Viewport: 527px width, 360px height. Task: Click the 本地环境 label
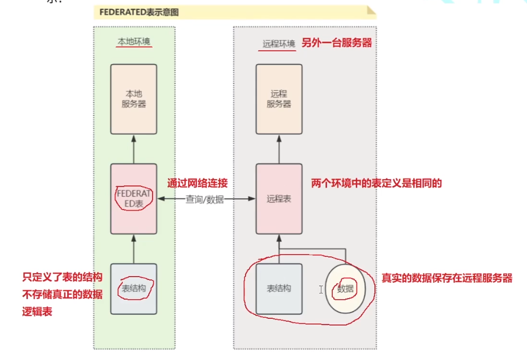point(134,42)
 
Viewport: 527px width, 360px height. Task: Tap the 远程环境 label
point(279,43)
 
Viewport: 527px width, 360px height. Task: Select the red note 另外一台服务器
point(337,42)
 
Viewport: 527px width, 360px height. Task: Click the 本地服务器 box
point(133,99)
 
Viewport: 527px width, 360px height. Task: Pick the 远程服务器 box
point(279,99)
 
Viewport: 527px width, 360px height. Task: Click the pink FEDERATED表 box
point(133,198)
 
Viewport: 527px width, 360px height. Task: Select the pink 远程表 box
point(279,198)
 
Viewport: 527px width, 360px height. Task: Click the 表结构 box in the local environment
point(133,288)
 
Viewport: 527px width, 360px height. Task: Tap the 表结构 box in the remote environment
point(279,288)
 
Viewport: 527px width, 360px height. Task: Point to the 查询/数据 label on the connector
point(205,199)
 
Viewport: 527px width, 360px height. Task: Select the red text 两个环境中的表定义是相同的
point(377,183)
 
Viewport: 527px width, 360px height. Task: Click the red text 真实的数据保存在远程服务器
point(447,278)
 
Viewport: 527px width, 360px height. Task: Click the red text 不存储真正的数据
point(62,294)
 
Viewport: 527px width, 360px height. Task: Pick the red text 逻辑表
point(37,311)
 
